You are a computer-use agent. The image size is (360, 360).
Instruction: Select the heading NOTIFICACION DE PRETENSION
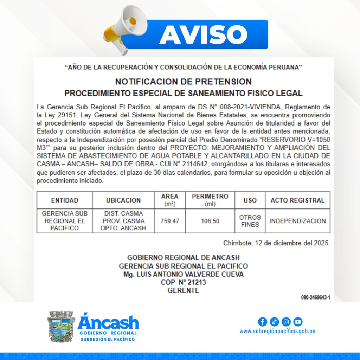click(x=183, y=82)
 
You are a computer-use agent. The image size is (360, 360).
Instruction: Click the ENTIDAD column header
click(x=65, y=200)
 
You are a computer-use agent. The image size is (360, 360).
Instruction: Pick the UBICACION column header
click(x=123, y=200)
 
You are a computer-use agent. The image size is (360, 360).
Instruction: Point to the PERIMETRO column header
click(x=210, y=200)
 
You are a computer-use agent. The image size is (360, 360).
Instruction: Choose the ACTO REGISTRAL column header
click(x=297, y=200)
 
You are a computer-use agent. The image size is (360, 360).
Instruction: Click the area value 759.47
click(x=170, y=221)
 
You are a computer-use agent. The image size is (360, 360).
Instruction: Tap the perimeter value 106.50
click(x=210, y=221)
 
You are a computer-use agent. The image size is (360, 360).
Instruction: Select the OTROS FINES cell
click(x=250, y=221)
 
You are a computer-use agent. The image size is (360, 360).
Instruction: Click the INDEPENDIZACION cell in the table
click(x=297, y=221)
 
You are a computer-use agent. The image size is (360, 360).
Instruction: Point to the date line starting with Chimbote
click(x=276, y=243)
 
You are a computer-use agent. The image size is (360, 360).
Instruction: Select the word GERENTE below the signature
click(x=183, y=290)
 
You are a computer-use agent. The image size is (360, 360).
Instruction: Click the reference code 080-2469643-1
click(x=315, y=297)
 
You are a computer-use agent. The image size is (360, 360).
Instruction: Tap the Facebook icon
click(x=262, y=322)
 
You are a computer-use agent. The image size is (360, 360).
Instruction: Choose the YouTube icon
click(x=298, y=322)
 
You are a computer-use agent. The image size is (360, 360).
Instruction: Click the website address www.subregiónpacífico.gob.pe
click(x=277, y=331)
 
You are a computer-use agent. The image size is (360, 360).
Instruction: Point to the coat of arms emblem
click(x=61, y=326)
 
